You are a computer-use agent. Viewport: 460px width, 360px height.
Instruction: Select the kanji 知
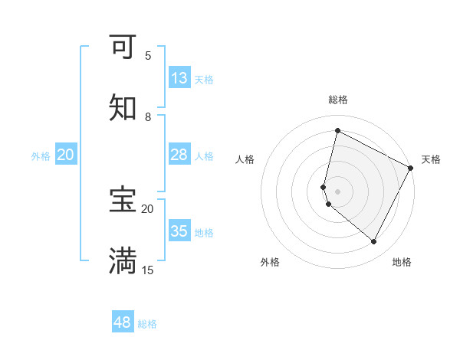point(123,108)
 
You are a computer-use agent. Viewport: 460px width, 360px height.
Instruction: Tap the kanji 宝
point(123,200)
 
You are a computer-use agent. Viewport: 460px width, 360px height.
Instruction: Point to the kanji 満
point(123,261)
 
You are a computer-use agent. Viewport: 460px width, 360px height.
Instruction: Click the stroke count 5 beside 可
point(148,56)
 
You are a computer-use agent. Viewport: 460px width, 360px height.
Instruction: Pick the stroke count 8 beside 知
point(148,117)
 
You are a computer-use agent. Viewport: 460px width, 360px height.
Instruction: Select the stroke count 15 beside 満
point(148,270)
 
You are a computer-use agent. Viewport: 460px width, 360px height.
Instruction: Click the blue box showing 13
point(179,78)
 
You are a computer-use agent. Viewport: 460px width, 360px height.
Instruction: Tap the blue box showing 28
point(179,155)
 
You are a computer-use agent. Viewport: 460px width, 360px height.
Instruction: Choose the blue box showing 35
point(179,231)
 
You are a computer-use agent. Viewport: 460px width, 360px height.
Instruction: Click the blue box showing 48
point(123,322)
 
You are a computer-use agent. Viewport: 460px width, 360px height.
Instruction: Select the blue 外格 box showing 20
point(66,155)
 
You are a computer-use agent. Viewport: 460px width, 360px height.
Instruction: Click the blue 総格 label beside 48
point(147,324)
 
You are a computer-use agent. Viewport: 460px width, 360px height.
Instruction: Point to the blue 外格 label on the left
point(41,156)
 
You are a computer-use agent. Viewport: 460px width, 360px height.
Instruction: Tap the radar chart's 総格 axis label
point(338,100)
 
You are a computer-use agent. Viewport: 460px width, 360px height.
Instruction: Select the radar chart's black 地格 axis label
point(402,262)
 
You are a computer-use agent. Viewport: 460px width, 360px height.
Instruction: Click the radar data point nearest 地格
point(374,242)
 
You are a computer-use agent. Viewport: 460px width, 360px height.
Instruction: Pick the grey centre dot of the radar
point(338,191)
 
